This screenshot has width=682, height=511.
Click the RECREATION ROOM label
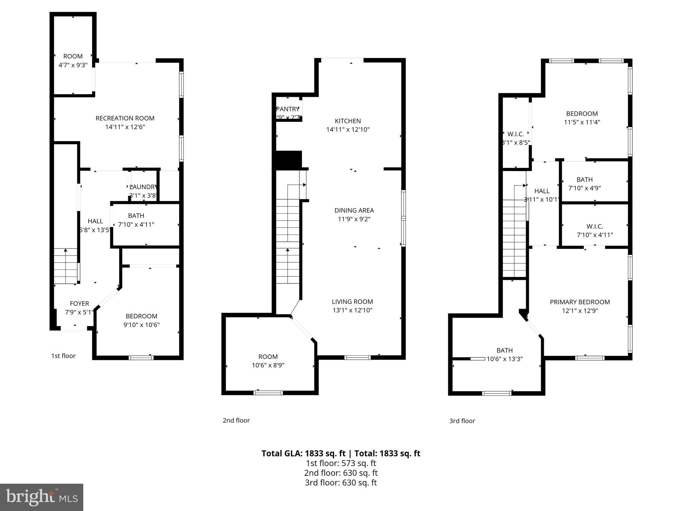(x=125, y=118)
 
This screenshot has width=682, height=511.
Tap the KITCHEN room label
(x=348, y=121)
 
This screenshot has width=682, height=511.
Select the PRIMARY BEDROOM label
(x=580, y=302)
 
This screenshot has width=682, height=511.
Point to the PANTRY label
(x=288, y=109)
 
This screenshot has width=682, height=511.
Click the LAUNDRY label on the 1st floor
(x=143, y=187)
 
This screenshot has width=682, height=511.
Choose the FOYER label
(x=79, y=303)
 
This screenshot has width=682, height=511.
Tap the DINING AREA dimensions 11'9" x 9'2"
(x=354, y=219)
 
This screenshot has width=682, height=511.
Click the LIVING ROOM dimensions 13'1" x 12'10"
(x=352, y=310)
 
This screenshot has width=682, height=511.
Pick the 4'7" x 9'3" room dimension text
(x=73, y=65)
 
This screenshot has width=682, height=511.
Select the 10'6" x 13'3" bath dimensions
(x=505, y=359)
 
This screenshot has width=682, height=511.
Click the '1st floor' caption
(x=63, y=356)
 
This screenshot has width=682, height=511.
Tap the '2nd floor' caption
(x=236, y=421)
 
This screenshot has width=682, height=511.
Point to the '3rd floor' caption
(x=462, y=421)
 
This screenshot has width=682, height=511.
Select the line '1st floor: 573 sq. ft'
(x=341, y=463)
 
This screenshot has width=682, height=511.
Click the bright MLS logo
(x=41, y=497)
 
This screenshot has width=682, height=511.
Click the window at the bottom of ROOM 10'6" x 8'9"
(x=268, y=393)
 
